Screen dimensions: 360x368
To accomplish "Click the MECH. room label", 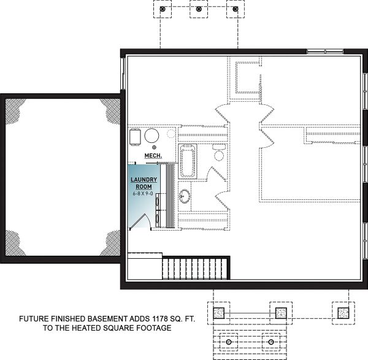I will coord(153,156).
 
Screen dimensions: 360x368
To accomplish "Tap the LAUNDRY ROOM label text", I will coord(144,183).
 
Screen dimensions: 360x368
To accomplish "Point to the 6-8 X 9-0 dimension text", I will coord(144,194).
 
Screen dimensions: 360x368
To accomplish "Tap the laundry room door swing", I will coord(142,221).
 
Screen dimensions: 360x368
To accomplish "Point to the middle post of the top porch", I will coord(198,10).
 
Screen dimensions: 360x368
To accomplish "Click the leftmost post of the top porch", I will coord(163,10).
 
